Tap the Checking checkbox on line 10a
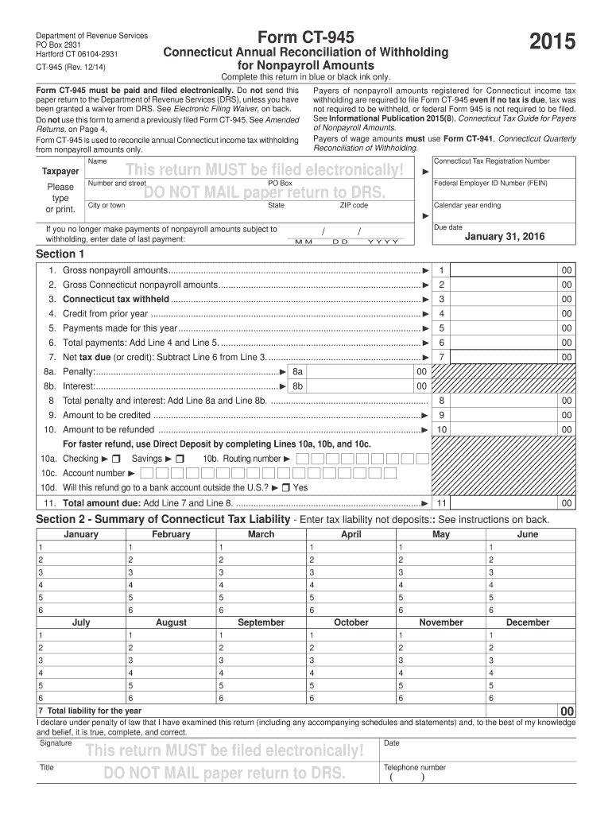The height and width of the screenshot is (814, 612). click(x=116, y=459)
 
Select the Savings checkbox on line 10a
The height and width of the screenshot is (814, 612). click(x=180, y=459)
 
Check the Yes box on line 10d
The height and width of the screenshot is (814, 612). click(x=285, y=487)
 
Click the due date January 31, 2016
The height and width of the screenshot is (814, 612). click(x=505, y=237)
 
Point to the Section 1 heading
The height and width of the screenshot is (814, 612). click(x=60, y=254)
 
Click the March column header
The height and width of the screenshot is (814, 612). click(x=261, y=534)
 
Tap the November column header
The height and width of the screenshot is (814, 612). click(x=440, y=622)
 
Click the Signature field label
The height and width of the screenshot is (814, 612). click(x=55, y=743)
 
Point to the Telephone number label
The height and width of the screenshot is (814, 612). click(x=414, y=768)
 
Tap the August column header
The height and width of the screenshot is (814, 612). click(x=171, y=622)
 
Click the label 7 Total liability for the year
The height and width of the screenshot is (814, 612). click(x=89, y=711)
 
